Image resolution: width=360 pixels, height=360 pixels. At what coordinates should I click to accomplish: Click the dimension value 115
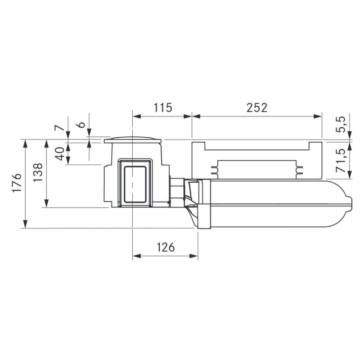pyautogui.click(x=163, y=108)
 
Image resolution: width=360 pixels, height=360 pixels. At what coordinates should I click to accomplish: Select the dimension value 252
pyautogui.click(x=257, y=108)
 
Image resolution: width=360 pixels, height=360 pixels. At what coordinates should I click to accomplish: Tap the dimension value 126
pyautogui.click(x=166, y=247)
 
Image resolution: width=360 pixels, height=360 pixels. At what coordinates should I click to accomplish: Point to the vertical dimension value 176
pyautogui.click(x=17, y=183)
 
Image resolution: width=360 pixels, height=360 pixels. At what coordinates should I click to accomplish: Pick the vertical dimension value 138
pyautogui.click(x=38, y=172)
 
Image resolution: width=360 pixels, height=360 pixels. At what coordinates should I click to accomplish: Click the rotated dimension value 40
pyautogui.click(x=59, y=154)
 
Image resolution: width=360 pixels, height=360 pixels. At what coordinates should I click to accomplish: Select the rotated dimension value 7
pyautogui.click(x=59, y=127)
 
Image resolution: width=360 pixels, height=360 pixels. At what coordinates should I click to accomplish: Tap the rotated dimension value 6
pyautogui.click(x=81, y=125)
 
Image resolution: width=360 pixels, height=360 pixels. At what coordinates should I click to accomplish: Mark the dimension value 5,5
pyautogui.click(x=341, y=124)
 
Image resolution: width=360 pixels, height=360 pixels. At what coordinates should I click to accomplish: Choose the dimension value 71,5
pyautogui.click(x=341, y=161)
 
